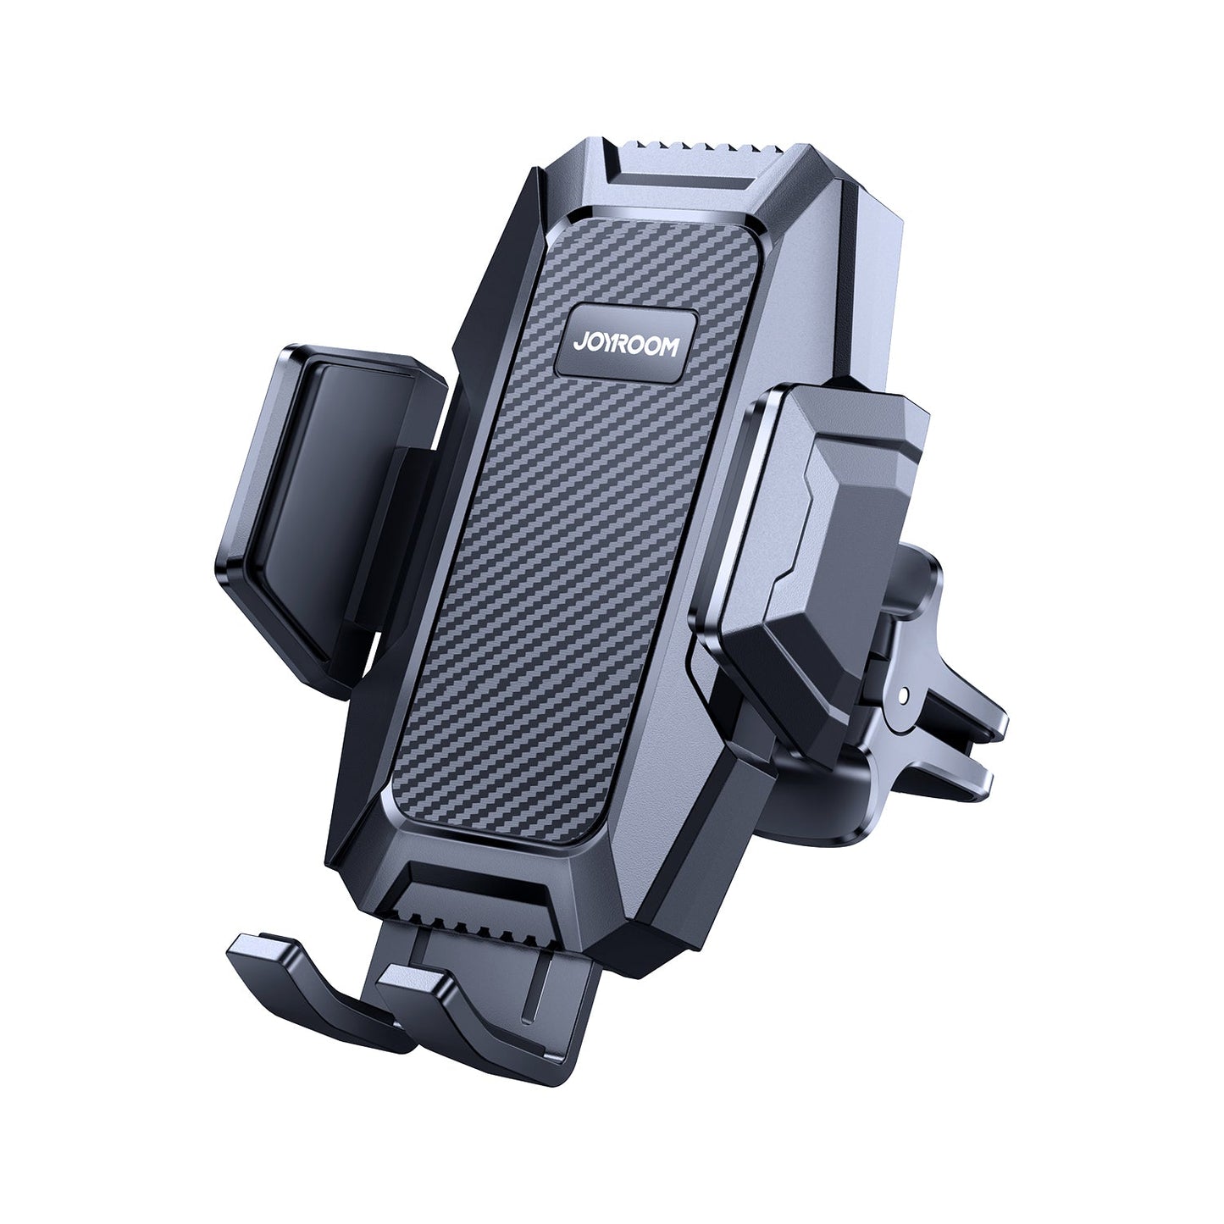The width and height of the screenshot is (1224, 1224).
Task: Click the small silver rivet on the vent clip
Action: tap(909, 695)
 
